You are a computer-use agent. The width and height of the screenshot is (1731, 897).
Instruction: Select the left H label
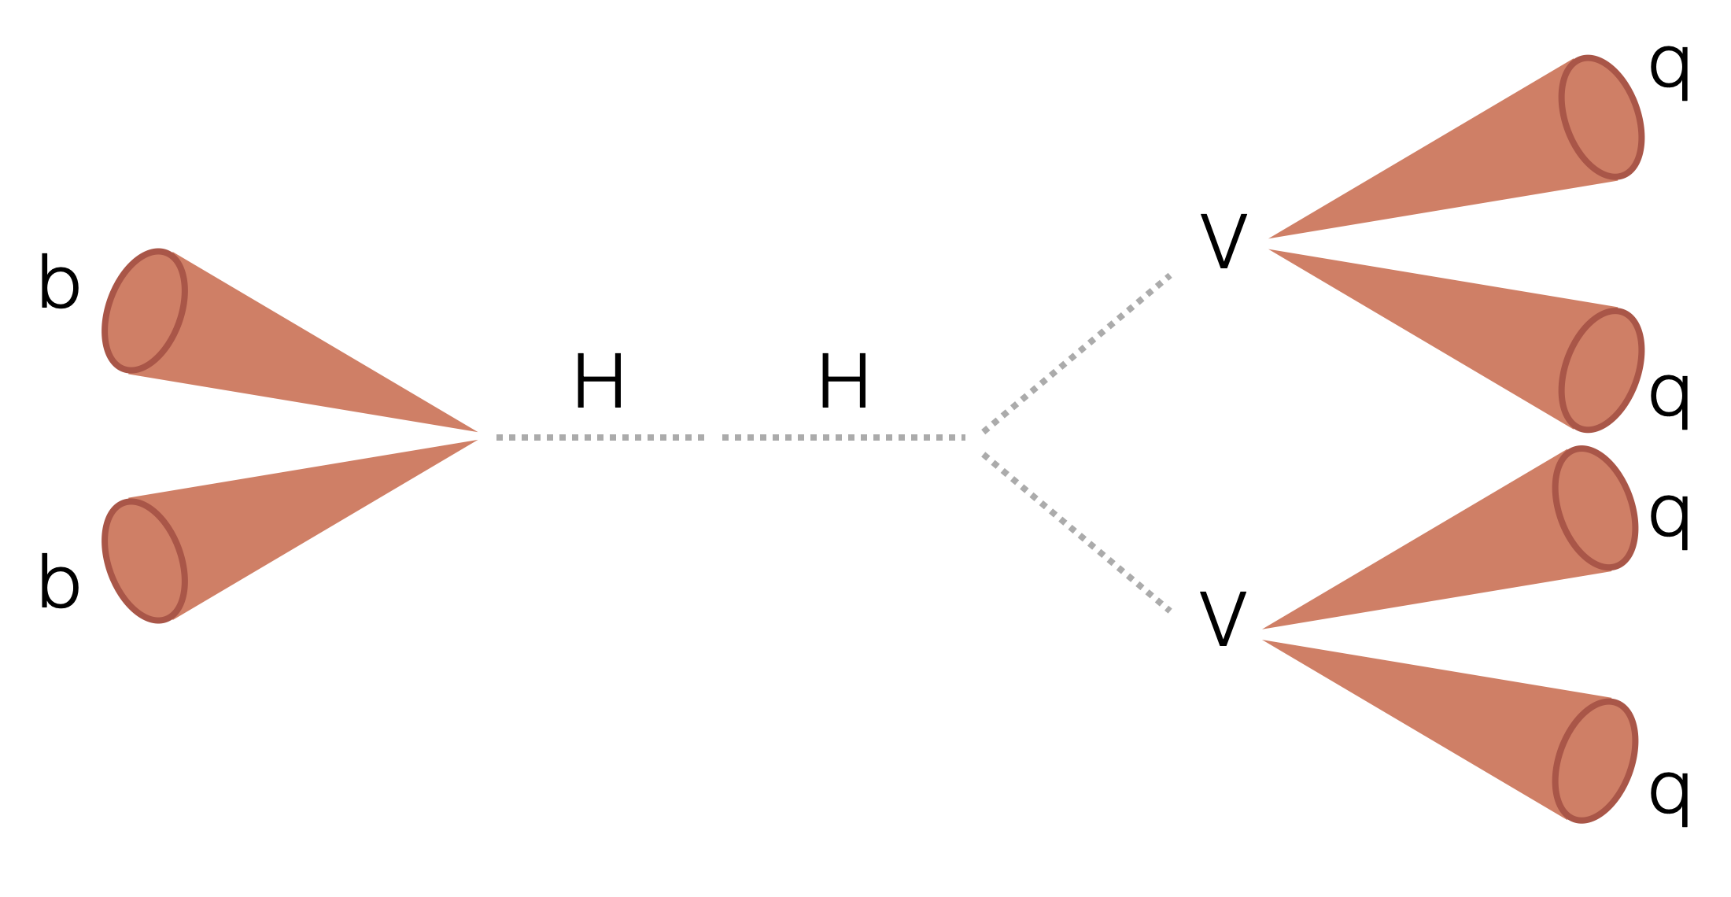coord(600,382)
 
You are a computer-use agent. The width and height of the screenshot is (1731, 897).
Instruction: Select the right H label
coord(843,382)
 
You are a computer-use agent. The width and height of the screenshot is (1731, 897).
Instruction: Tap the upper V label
coord(1224,242)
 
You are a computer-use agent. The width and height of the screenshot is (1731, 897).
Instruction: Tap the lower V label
coord(1223,619)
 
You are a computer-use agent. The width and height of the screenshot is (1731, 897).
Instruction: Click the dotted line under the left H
coord(600,437)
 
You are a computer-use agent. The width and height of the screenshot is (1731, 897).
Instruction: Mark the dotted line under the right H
coord(843,437)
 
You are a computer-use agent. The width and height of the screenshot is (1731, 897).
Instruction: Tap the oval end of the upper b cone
coord(145,311)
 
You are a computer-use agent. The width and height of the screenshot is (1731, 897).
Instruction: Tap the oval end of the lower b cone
coord(145,560)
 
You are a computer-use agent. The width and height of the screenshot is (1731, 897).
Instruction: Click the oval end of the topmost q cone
coord(1601,117)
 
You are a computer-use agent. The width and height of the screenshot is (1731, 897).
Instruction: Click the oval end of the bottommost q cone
coord(1595,760)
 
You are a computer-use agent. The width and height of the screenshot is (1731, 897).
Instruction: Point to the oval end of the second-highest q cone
coord(1601,370)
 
